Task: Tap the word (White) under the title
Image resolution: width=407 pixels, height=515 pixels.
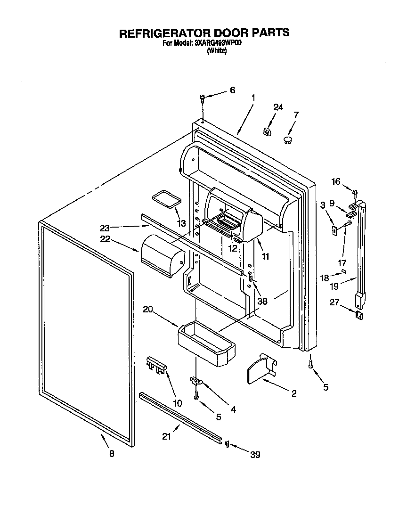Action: click(x=217, y=51)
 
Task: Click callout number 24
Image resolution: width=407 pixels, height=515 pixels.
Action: click(x=278, y=107)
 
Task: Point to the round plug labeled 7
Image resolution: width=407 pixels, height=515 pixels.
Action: click(x=288, y=139)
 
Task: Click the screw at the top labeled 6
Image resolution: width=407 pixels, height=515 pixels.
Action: click(x=203, y=98)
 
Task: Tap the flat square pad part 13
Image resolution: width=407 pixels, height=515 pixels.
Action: click(x=166, y=197)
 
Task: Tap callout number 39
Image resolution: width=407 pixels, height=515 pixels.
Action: click(x=254, y=454)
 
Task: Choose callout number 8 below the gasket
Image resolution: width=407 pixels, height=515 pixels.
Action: click(x=111, y=454)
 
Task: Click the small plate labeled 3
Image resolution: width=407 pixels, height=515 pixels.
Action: click(x=334, y=230)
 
